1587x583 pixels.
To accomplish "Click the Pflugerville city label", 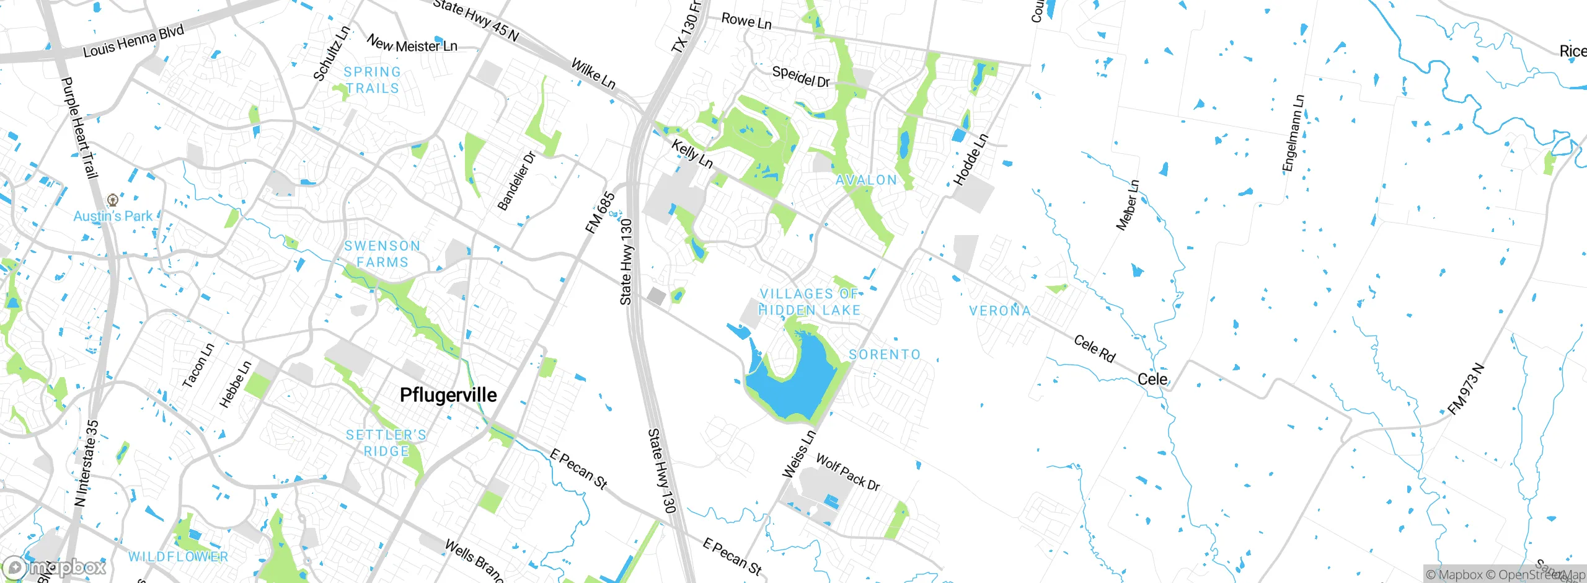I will (x=448, y=395).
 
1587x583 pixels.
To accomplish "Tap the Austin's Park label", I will (x=113, y=216).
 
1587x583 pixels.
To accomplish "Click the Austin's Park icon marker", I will (x=112, y=200).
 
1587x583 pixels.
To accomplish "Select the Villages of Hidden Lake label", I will (x=810, y=302).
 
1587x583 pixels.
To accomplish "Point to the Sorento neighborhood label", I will (x=885, y=354).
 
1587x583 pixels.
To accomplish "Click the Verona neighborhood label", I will (x=1000, y=310).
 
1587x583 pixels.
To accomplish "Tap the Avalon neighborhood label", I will (x=866, y=180).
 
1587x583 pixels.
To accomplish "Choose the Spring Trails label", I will (x=373, y=80).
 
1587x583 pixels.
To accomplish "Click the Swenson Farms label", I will (x=382, y=254).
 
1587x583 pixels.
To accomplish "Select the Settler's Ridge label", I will (x=386, y=443).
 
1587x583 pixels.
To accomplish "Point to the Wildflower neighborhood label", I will (x=179, y=556).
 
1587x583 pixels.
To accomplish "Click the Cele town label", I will (x=1152, y=379).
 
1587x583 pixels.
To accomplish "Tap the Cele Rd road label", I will (x=1094, y=349).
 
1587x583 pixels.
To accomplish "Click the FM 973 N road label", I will (x=1467, y=389).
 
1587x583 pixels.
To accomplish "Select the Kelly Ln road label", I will (x=692, y=154).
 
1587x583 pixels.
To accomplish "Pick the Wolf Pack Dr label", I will (x=847, y=472).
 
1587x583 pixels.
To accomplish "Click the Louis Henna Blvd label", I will (x=133, y=41).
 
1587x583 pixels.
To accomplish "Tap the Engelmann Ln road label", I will (x=1293, y=133).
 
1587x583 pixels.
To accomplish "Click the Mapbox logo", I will (x=55, y=567).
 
